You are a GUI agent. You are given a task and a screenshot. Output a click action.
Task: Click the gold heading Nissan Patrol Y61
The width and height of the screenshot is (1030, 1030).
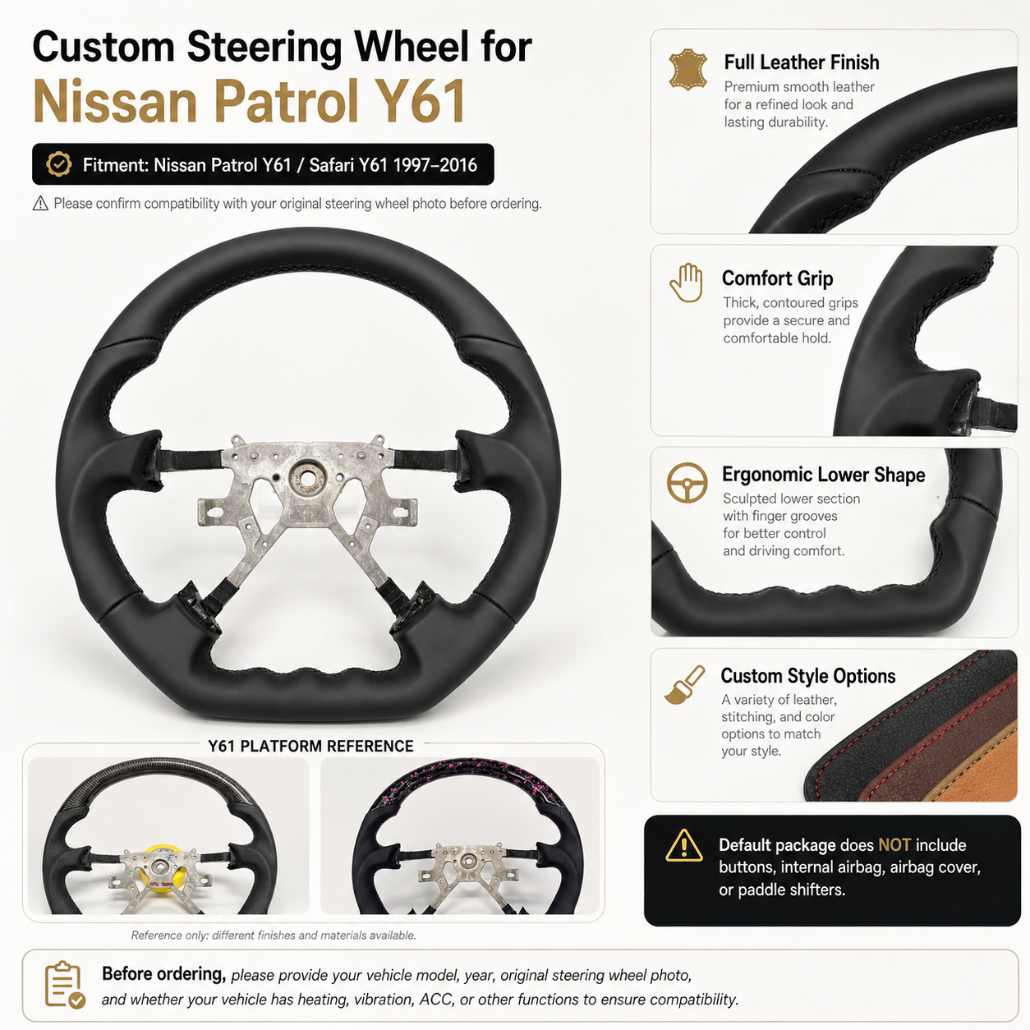(249, 102)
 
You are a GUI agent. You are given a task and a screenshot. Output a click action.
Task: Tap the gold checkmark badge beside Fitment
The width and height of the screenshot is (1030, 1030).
(59, 164)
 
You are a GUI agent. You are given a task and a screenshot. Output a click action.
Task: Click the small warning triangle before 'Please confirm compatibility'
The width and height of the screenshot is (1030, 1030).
(40, 203)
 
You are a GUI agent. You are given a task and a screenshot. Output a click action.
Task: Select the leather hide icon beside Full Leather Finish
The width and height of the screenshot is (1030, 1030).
(688, 70)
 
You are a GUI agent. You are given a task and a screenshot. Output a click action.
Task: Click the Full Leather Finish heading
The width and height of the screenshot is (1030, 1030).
(801, 62)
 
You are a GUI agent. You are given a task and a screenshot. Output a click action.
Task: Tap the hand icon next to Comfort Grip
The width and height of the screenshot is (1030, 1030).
(687, 283)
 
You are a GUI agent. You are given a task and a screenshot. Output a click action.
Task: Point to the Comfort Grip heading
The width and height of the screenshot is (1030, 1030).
(777, 278)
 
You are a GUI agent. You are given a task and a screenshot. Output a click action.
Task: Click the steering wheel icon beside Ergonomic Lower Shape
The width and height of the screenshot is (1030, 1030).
(687, 482)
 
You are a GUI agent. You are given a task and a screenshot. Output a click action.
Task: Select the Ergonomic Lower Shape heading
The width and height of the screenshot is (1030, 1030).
(823, 475)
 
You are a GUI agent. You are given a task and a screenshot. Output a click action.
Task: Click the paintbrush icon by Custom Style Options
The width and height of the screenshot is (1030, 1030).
(684, 685)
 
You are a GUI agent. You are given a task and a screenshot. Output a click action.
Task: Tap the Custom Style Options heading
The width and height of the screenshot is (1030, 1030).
(807, 676)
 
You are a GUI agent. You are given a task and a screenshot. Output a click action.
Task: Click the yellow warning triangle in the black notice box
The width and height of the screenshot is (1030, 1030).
(683, 845)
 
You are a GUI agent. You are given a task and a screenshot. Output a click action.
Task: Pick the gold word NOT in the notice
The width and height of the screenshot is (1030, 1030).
(894, 844)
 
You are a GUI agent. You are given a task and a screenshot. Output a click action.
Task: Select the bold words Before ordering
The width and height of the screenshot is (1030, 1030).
(163, 974)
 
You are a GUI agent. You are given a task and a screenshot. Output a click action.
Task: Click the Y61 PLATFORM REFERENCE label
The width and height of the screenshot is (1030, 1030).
(310, 746)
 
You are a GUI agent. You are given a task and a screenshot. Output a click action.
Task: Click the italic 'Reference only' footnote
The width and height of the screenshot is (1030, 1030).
(274, 936)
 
